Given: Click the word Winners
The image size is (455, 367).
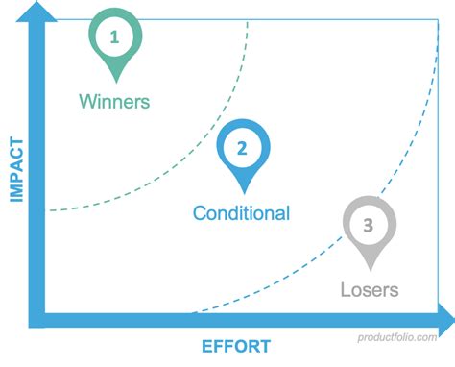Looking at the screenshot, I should click(x=115, y=100).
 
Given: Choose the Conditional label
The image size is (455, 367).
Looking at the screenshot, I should click(x=241, y=212).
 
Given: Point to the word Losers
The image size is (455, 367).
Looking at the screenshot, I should click(x=370, y=288).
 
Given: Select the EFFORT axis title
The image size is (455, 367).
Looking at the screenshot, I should click(x=236, y=347).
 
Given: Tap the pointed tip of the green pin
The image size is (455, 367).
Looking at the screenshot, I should click(x=115, y=81).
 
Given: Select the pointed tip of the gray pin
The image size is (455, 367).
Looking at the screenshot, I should click(x=370, y=270).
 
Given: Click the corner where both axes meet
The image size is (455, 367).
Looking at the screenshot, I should click(x=39, y=318).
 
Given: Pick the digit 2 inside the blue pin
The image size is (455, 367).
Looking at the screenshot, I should click(x=242, y=148).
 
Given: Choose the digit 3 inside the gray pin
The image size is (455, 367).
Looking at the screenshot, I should click(x=370, y=226).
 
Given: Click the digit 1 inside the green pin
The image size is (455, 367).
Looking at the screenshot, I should click(x=115, y=37).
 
